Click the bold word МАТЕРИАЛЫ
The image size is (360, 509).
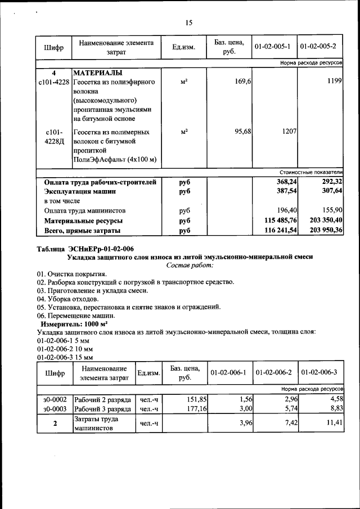coord(98,73)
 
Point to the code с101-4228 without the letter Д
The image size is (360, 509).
coord(54,83)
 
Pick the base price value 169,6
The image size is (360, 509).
coord(243,83)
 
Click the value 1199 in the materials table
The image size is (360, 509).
coord(335,83)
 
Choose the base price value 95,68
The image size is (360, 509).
coord(242,131)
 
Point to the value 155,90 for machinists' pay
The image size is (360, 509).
coord(330,211)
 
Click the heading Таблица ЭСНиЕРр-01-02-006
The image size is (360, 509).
coord(85,249)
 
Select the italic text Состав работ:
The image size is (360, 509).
coord(190,265)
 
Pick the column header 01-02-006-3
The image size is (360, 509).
coord(319,372)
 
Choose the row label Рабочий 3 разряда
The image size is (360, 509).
coord(103,409)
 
